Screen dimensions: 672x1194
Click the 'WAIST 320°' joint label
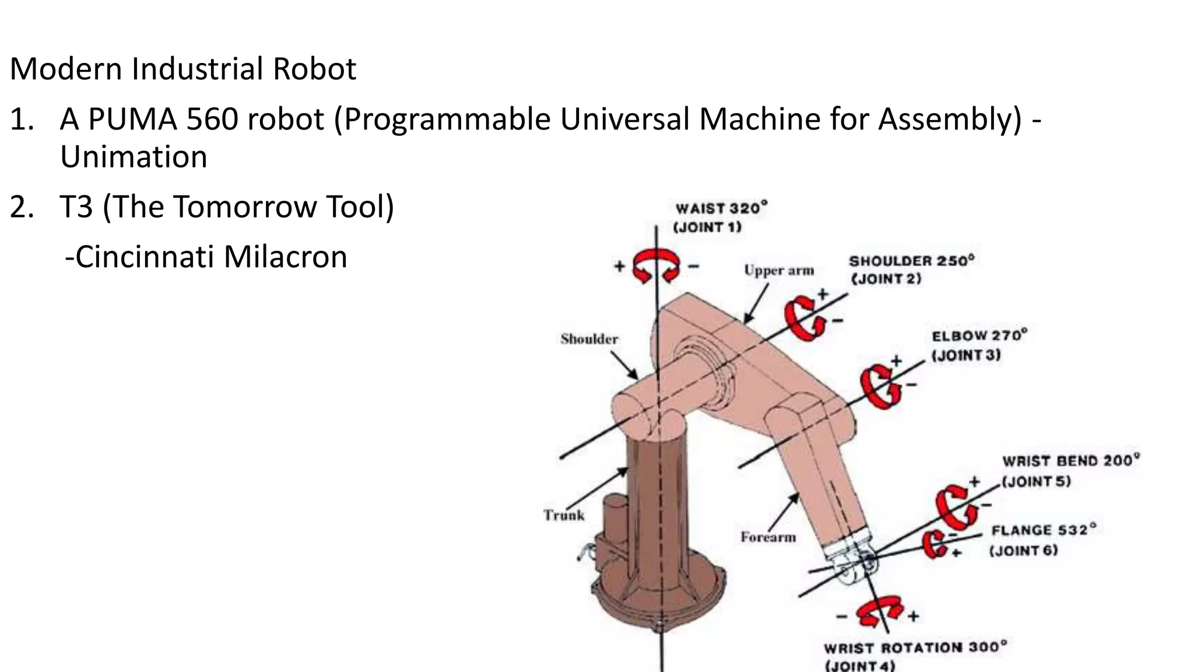click(721, 208)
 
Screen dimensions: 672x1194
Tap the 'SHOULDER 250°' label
click(911, 261)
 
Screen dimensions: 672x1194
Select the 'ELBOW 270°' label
click(979, 336)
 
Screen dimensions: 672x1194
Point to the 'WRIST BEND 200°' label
click(1070, 461)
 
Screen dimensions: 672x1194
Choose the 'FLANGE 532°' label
click(1044, 530)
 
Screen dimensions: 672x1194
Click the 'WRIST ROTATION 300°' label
click(915, 647)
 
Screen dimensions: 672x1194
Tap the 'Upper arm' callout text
click(778, 271)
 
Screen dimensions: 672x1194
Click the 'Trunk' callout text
click(564, 515)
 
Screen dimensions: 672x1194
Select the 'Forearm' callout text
click(768, 537)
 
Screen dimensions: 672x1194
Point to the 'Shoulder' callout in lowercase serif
click(589, 339)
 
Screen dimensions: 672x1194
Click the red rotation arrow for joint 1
click(657, 265)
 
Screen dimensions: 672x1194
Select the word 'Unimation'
click(134, 157)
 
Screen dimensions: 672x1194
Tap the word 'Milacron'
click(285, 257)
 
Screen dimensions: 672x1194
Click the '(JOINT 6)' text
click(1023, 551)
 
